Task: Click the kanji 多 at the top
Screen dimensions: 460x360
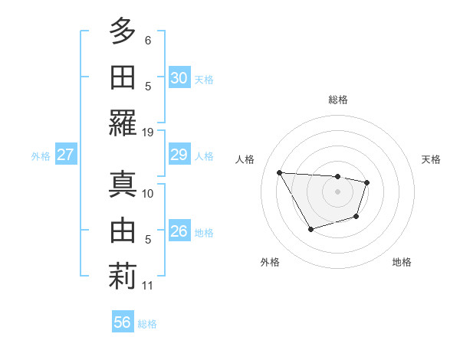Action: click(x=122, y=31)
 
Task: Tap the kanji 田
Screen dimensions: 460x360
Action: click(x=122, y=77)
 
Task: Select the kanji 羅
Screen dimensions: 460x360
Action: click(x=122, y=123)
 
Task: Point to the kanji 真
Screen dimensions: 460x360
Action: click(x=122, y=185)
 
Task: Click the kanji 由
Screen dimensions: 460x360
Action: click(x=122, y=231)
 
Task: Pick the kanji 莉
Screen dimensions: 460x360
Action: click(x=122, y=277)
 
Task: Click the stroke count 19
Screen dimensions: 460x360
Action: click(x=148, y=132)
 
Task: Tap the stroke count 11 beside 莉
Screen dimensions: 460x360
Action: click(x=148, y=286)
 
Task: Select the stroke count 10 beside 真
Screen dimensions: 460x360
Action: click(x=148, y=194)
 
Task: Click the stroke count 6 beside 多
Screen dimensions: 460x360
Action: click(x=148, y=40)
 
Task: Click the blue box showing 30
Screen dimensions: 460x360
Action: click(x=179, y=78)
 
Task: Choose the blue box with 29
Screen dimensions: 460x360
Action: click(x=179, y=155)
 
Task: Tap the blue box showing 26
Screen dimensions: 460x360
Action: click(x=179, y=231)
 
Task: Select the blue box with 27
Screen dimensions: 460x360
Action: click(x=65, y=155)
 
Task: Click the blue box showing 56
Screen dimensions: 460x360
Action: click(x=123, y=322)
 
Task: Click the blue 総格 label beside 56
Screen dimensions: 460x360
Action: click(x=147, y=324)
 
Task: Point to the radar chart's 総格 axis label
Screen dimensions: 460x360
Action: click(x=338, y=100)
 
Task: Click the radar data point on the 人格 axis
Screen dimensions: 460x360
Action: click(x=279, y=172)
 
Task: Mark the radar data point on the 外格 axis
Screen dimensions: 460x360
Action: click(x=310, y=229)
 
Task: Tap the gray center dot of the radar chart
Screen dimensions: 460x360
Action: click(x=338, y=191)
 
